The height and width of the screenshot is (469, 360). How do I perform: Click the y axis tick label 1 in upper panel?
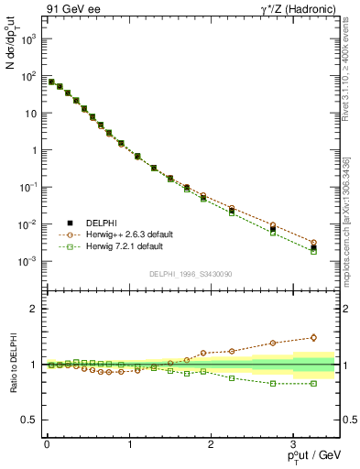[x=32, y=150]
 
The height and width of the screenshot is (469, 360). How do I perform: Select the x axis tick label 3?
[x=293, y=443]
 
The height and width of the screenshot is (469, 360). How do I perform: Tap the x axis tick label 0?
[x=46, y=443]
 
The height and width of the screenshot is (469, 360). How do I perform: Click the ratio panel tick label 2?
[x=33, y=309]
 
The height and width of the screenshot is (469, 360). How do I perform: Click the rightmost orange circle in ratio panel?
[x=313, y=337]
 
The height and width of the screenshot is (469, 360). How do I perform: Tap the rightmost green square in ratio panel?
[x=313, y=384]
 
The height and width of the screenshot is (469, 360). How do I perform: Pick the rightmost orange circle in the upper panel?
[x=313, y=243]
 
